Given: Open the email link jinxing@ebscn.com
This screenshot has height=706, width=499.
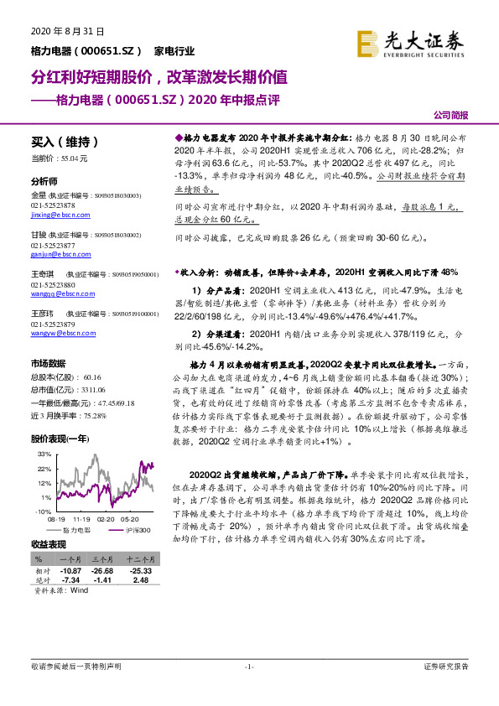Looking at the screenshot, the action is pyautogui.click(x=57, y=215).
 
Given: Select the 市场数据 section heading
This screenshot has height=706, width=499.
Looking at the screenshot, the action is pyautogui.click(x=48, y=364).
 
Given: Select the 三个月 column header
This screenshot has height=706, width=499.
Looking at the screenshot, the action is pyautogui.click(x=104, y=558).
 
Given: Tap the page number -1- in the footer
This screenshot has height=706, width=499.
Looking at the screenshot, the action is pyautogui.click(x=249, y=667).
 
